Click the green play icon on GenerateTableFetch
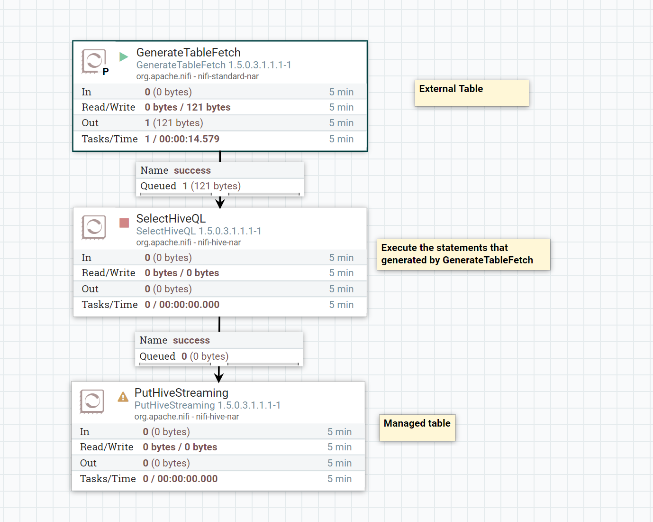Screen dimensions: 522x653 click(x=124, y=57)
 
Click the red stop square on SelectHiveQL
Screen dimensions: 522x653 click(x=124, y=223)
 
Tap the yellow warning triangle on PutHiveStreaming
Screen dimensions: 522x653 click(x=123, y=397)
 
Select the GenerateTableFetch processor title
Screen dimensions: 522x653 click(x=188, y=53)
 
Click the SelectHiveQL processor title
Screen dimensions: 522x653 click(x=171, y=219)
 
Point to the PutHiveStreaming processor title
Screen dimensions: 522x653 click(x=181, y=393)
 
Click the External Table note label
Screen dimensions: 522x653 click(x=451, y=89)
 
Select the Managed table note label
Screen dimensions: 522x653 click(x=417, y=423)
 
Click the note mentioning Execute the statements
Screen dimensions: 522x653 click(x=457, y=254)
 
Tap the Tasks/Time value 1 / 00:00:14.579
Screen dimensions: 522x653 click(x=182, y=139)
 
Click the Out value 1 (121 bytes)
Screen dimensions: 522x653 click(x=174, y=123)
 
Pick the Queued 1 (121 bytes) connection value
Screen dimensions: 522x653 click(x=211, y=186)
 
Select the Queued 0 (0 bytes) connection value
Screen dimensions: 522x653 click(x=205, y=356)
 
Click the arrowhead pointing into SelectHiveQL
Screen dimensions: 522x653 click(x=220, y=204)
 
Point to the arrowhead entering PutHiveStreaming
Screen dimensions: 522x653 click(x=218, y=378)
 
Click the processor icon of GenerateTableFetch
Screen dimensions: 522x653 click(x=93, y=61)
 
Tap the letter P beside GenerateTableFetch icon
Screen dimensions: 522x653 click(x=106, y=72)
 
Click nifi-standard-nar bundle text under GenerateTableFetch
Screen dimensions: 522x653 click(x=228, y=76)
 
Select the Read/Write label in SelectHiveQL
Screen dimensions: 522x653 click(x=108, y=273)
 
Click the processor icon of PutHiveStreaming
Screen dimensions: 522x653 click(x=92, y=401)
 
